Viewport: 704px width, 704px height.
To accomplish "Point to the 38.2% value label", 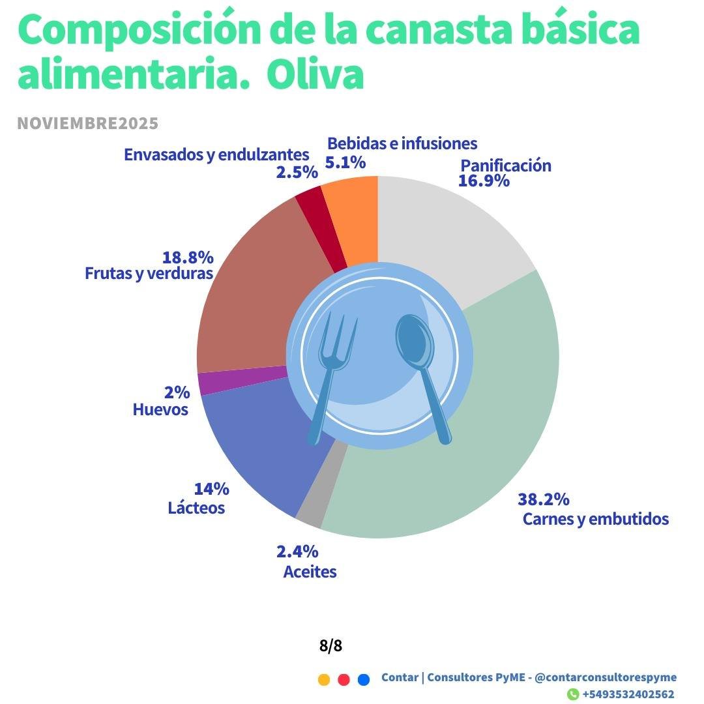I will coord(544,499).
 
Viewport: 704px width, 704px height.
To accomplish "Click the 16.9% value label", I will coord(484,181).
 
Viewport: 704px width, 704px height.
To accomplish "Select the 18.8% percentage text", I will coord(188,257).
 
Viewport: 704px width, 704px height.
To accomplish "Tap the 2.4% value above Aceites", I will coord(297,551).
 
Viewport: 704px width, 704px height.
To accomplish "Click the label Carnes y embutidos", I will coord(596,519).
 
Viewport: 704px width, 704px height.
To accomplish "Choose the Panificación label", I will coord(506,166).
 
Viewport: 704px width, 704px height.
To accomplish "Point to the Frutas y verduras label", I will coord(149,273).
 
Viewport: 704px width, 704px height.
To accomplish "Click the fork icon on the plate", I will coord(332,372).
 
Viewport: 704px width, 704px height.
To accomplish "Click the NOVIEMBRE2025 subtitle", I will coord(88,123).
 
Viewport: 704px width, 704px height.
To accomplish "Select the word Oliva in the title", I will coord(315,76).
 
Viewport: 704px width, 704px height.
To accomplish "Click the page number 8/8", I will coord(330,646).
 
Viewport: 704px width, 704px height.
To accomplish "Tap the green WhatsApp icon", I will coord(573,694).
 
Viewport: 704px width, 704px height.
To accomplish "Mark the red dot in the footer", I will coord(344,680).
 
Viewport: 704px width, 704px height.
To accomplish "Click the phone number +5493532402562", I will coord(628,694).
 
